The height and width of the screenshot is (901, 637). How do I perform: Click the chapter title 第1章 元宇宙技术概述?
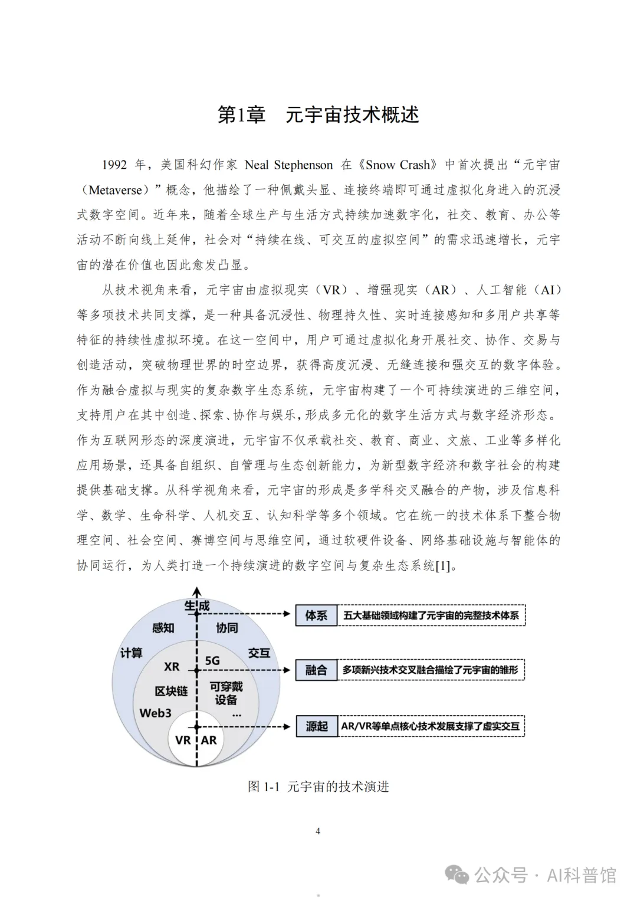(x=318, y=114)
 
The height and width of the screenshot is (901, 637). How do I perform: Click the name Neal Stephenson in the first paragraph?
(x=288, y=165)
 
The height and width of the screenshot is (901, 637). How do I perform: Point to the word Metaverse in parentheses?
(x=115, y=190)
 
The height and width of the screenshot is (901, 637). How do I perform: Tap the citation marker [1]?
(x=442, y=566)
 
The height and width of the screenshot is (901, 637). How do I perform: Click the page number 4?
(x=318, y=831)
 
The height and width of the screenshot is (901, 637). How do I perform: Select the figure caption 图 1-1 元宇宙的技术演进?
(x=318, y=787)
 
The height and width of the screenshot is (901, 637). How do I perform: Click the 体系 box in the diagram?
(x=316, y=615)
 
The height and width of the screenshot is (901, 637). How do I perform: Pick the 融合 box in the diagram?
(x=316, y=670)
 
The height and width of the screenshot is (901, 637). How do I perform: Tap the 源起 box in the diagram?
(x=316, y=726)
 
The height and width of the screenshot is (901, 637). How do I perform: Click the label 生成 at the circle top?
(x=197, y=606)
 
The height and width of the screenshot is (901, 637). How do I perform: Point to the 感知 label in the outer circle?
(x=163, y=628)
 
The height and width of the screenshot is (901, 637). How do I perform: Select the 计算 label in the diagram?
(x=131, y=653)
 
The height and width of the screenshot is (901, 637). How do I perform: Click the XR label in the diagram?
(x=172, y=667)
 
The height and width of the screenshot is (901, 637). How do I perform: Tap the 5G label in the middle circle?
(x=212, y=661)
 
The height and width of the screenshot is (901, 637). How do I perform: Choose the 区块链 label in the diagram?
(x=171, y=691)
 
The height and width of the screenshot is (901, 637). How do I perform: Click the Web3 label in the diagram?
(x=155, y=713)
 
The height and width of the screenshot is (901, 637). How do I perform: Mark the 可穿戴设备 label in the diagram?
(x=226, y=693)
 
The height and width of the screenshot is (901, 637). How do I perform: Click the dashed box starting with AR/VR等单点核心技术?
(x=431, y=726)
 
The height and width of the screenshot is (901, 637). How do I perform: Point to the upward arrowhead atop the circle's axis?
(x=197, y=591)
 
